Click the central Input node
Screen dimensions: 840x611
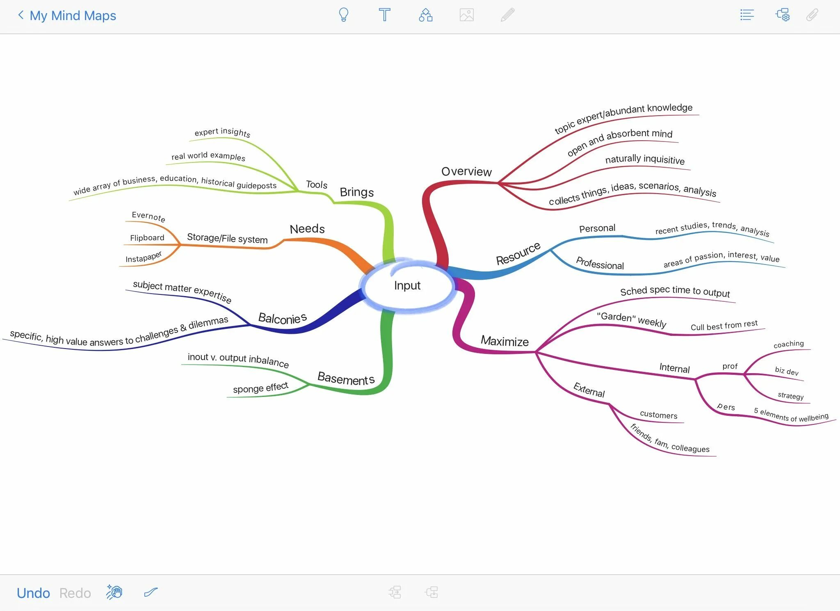pos(407,285)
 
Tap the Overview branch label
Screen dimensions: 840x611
pos(466,171)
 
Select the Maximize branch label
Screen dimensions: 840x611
pos(504,341)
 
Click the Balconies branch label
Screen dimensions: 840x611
pos(282,318)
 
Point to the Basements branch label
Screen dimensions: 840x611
pos(346,378)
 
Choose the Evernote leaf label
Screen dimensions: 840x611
pos(148,216)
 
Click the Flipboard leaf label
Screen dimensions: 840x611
pos(147,238)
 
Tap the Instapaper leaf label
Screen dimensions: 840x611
pos(144,258)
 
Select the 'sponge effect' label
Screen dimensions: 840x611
pos(260,388)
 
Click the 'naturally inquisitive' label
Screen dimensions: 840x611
pos(645,159)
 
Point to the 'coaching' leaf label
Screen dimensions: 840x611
pos(788,344)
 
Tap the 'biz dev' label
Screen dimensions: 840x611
pos(787,371)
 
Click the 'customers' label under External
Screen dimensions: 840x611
pos(658,415)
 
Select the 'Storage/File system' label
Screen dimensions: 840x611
pos(227,238)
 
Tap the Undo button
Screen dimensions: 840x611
pos(33,593)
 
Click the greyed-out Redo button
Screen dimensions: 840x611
pos(75,593)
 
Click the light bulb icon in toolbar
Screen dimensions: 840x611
pos(344,15)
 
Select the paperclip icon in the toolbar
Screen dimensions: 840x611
pos(812,15)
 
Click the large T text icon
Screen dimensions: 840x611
pos(384,15)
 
